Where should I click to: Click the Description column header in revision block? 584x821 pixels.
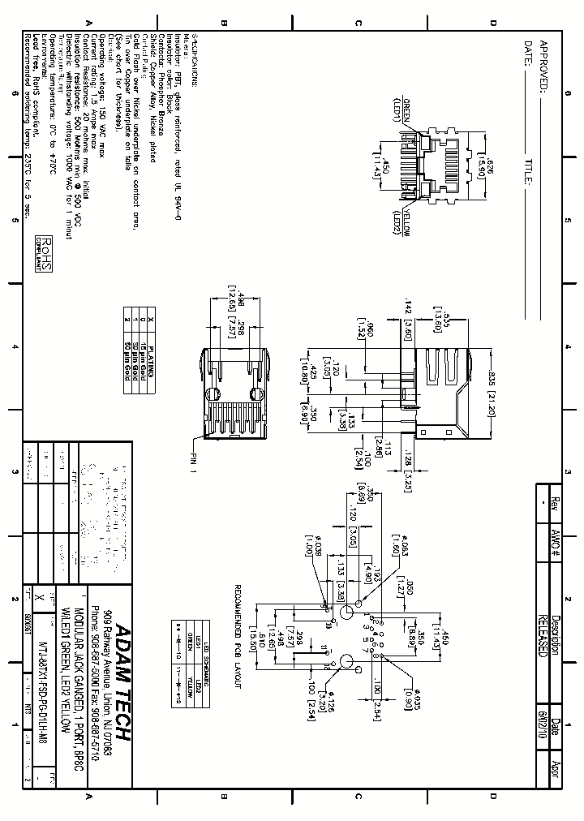tap(556, 633)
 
